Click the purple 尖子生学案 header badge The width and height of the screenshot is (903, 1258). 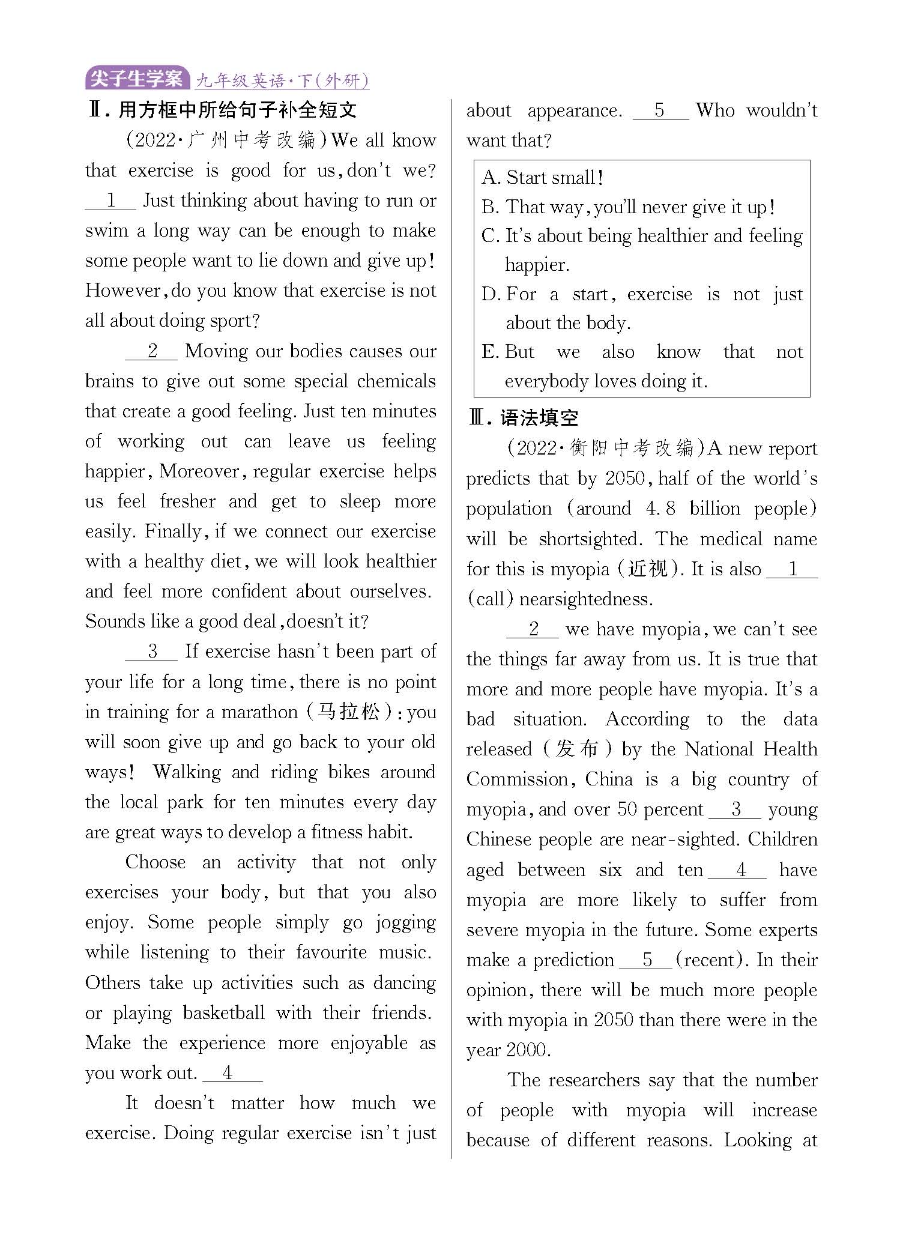point(137,79)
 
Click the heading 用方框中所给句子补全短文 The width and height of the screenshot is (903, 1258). point(237,110)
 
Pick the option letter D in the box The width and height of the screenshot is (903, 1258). point(490,294)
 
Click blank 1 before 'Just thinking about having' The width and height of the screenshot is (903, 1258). point(111,201)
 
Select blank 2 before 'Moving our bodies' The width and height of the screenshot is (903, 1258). point(152,351)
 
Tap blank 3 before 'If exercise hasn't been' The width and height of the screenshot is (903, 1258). point(152,652)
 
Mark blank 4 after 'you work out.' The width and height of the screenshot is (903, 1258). point(232,1073)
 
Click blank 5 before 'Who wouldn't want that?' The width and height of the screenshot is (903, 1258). point(660,110)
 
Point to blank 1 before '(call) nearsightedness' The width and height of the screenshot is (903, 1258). point(792,569)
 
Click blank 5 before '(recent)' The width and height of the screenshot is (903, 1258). point(645,960)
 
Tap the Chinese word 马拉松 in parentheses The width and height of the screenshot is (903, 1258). point(349,712)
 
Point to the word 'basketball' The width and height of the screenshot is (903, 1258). point(223,1013)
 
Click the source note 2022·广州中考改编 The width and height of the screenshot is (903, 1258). point(226,141)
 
